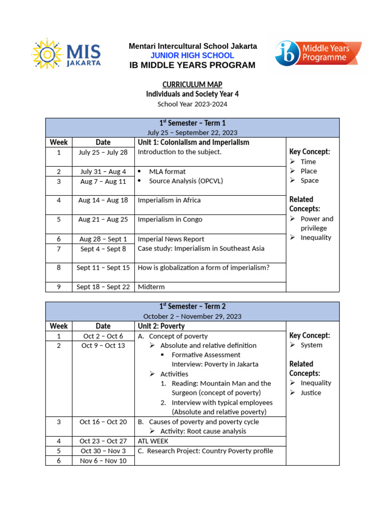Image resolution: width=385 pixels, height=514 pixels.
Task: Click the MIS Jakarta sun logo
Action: click(66, 54)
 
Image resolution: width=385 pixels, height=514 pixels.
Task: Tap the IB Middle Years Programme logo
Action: click(318, 53)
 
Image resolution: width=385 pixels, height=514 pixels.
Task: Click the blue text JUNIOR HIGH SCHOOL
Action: click(193, 55)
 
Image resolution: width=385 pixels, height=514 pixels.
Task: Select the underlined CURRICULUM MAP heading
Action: click(192, 84)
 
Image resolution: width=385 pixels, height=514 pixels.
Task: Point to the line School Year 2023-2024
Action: click(192, 104)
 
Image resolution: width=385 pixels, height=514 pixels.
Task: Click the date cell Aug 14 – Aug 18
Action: click(103, 200)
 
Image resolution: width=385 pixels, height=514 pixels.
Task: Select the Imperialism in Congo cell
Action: click(170, 219)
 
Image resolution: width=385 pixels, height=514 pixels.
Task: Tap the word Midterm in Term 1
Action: click(151, 287)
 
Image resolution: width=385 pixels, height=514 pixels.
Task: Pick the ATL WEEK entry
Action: click(153, 441)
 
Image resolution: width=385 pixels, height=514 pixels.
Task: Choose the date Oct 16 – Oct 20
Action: click(103, 422)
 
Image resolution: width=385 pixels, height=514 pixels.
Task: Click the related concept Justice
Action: click(310, 393)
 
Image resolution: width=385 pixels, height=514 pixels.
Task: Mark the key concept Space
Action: click(309, 180)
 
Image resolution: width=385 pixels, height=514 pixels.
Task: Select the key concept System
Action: click(311, 345)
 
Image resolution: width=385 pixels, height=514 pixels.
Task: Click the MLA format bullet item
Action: click(167, 172)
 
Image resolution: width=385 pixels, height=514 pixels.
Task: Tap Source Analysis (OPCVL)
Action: click(185, 181)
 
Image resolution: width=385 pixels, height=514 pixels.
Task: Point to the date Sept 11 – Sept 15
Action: click(103, 268)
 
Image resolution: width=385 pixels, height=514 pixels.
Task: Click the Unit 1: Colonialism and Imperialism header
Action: click(193, 142)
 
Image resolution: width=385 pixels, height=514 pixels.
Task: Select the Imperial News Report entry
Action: click(171, 239)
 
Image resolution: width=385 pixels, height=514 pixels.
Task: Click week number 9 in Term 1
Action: click(59, 287)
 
